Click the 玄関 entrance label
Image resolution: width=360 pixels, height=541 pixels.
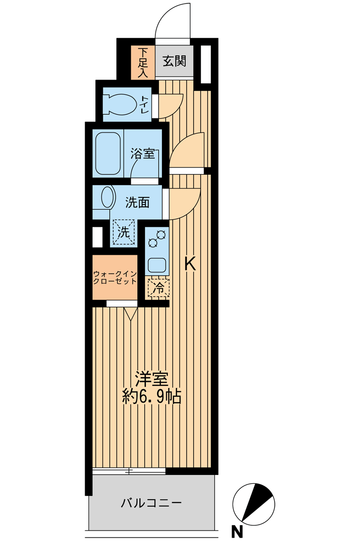click(174, 61)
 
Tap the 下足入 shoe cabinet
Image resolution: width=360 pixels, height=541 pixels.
click(143, 62)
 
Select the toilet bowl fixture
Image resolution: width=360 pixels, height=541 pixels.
click(121, 105)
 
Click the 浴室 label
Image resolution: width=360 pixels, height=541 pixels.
click(142, 153)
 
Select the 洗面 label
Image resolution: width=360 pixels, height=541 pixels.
click(137, 203)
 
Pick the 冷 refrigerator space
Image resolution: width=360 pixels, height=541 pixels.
click(159, 288)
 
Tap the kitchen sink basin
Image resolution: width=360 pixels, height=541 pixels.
click(158, 265)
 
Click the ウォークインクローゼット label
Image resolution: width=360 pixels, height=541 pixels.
click(115, 277)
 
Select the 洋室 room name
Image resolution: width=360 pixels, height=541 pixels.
click(152, 379)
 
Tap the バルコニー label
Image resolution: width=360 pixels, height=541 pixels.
click(151, 503)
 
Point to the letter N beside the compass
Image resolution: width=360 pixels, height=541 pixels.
click(237, 532)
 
